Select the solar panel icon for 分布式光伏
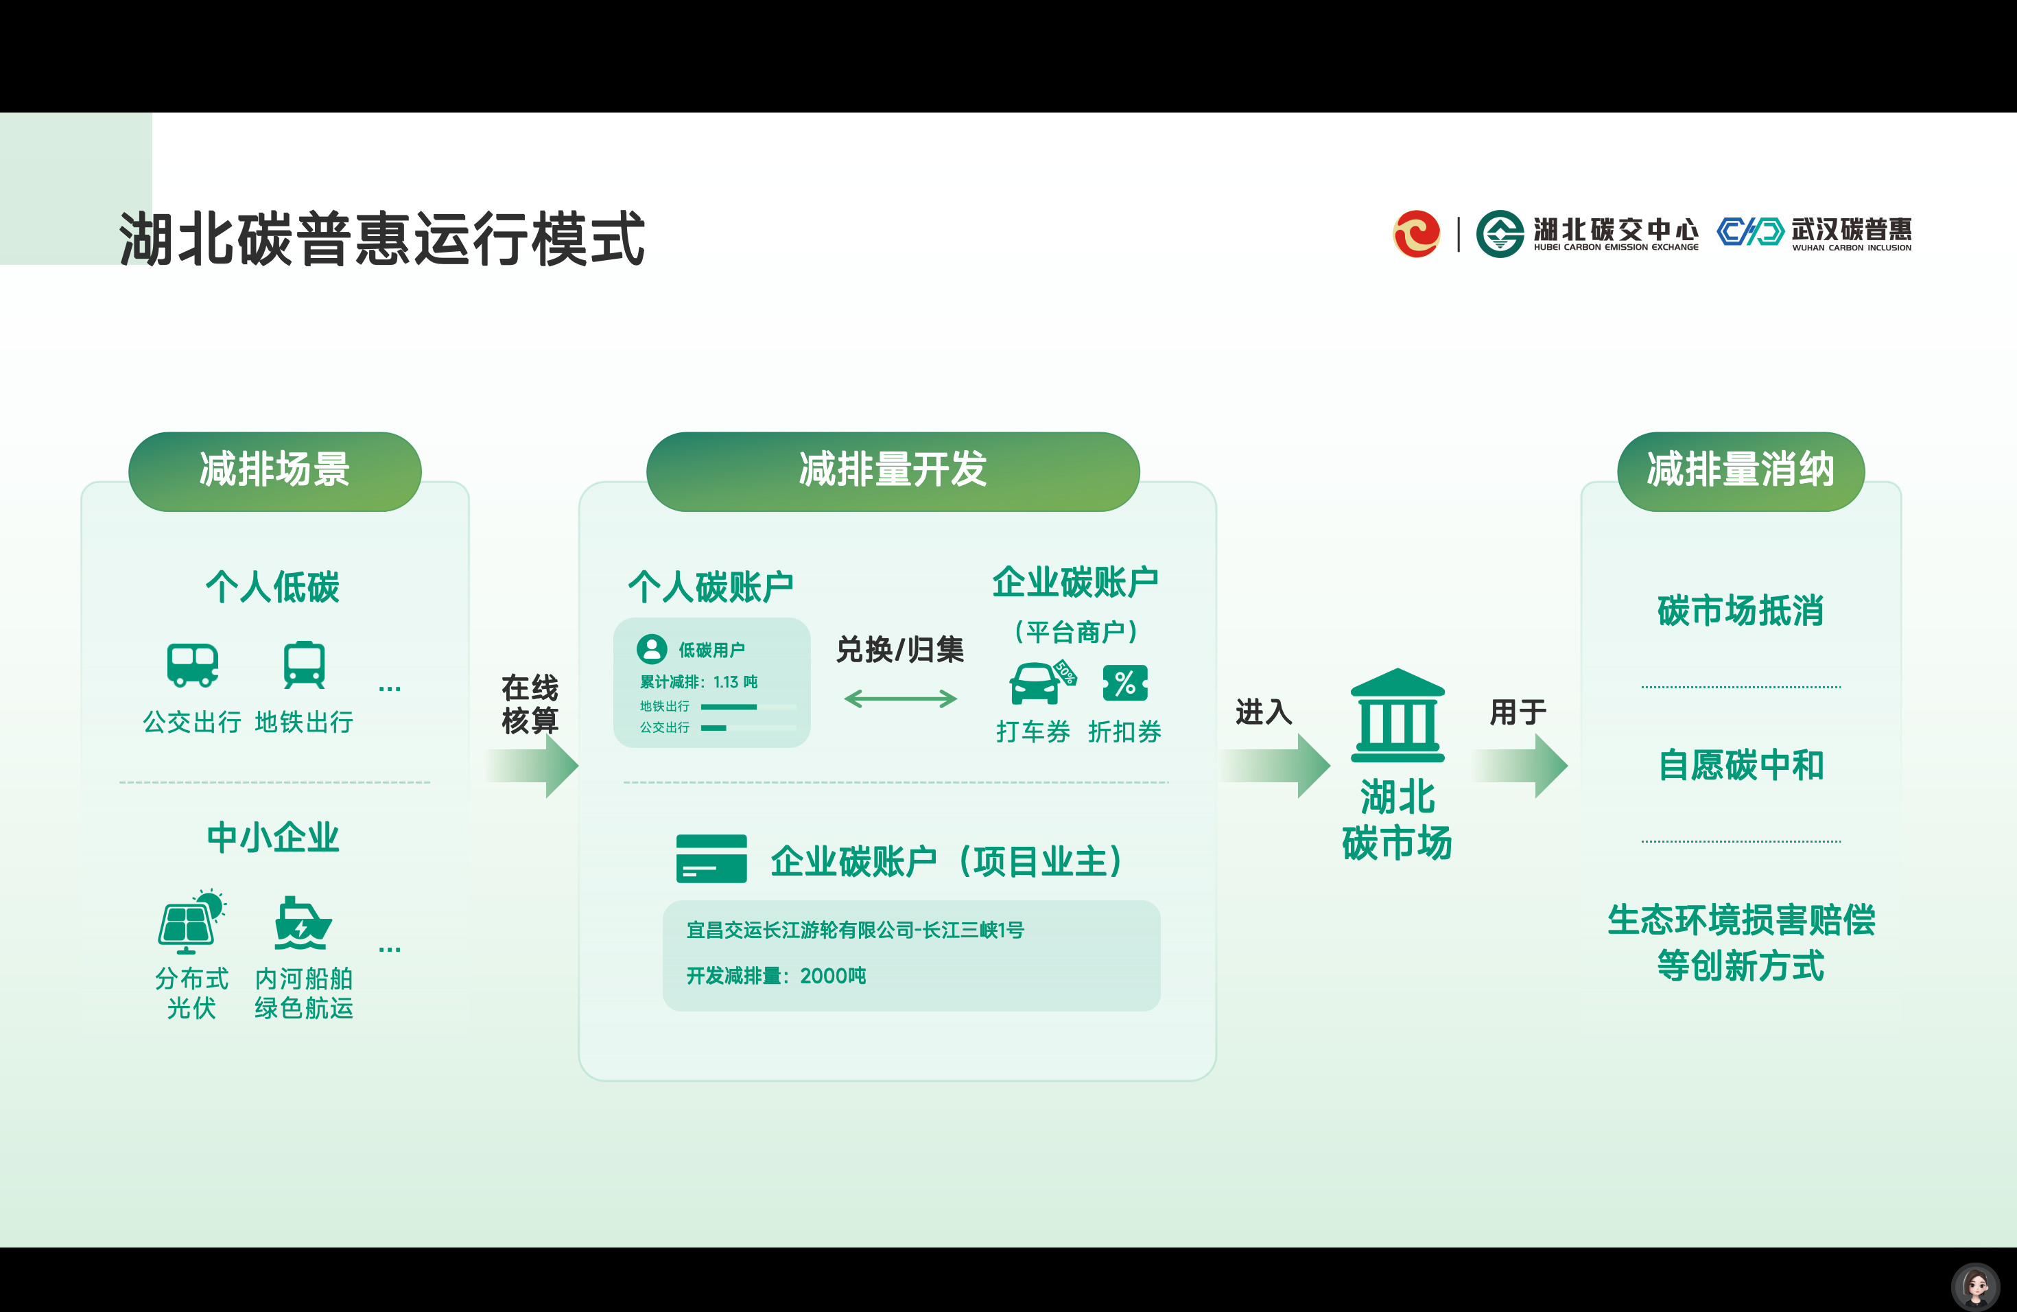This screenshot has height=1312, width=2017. (191, 922)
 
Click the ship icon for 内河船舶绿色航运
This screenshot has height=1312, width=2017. (303, 923)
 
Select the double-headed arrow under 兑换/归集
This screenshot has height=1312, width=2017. (900, 699)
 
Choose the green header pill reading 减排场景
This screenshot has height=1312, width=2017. (274, 471)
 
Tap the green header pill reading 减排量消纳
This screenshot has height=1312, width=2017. (1741, 471)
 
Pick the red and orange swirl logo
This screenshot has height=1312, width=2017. (1416, 234)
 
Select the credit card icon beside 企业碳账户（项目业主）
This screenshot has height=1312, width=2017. (711, 858)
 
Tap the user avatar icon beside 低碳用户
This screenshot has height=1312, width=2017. (652, 649)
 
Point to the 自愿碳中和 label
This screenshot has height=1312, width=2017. (1741, 765)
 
